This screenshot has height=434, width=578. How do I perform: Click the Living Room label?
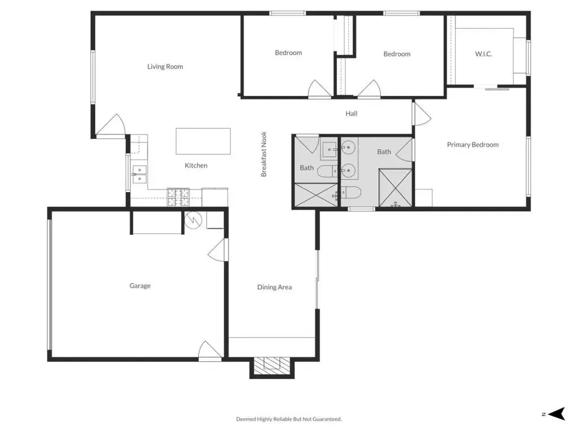pyautogui.click(x=165, y=67)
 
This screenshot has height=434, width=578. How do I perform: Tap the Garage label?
pyautogui.click(x=140, y=285)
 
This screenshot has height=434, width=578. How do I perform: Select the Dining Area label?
pyautogui.click(x=275, y=287)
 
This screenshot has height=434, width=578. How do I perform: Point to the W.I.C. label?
pyautogui.click(x=483, y=54)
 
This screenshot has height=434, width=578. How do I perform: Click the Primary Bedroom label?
pyautogui.click(x=472, y=145)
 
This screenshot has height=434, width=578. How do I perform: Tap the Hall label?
pyautogui.click(x=351, y=114)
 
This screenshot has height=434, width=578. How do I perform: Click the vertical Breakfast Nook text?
pyautogui.click(x=264, y=154)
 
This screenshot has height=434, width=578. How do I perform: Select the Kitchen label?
pyautogui.click(x=196, y=166)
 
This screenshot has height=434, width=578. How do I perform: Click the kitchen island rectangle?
pyautogui.click(x=203, y=141)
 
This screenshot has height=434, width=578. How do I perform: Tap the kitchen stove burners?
pyautogui.click(x=178, y=197)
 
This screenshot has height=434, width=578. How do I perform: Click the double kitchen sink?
pyautogui.click(x=139, y=174)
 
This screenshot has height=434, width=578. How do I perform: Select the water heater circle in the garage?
pyautogui.click(x=193, y=220)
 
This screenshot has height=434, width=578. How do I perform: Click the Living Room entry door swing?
pyautogui.click(x=111, y=125)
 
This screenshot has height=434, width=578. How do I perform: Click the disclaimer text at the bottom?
pyautogui.click(x=289, y=419)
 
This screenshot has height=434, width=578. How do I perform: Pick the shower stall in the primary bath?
pyautogui.click(x=396, y=188)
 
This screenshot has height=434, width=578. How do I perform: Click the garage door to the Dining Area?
pyautogui.click(x=218, y=250)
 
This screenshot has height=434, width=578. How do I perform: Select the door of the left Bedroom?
pyautogui.click(x=319, y=89)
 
